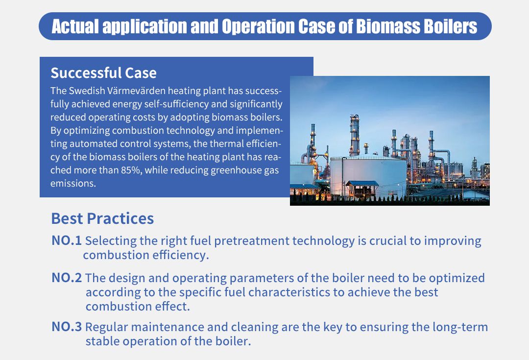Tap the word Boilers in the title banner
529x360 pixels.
(451, 26)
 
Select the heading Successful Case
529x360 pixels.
(103, 73)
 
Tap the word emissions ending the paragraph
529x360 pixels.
(73, 184)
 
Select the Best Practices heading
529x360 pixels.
(102, 218)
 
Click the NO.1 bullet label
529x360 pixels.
(67, 240)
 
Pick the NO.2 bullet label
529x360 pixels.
(67, 278)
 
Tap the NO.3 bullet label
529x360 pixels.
(67, 327)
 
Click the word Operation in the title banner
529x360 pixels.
(258, 26)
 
